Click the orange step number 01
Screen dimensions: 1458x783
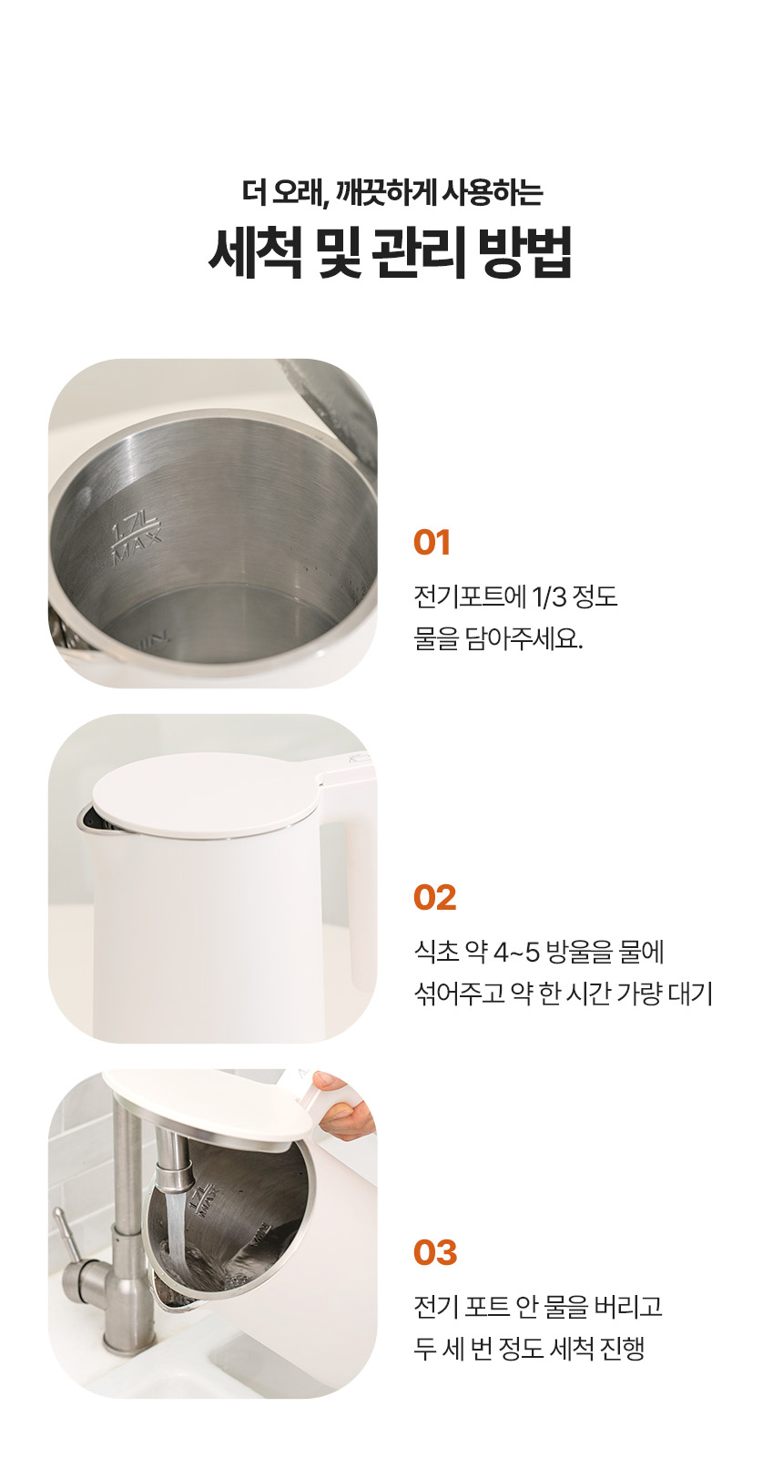coord(432,543)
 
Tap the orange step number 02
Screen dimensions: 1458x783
coord(434,898)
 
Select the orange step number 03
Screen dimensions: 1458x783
coord(434,1253)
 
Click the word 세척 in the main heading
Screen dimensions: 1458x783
coord(255,252)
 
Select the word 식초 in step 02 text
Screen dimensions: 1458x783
coord(436,953)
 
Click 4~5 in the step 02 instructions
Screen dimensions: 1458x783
coord(516,953)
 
